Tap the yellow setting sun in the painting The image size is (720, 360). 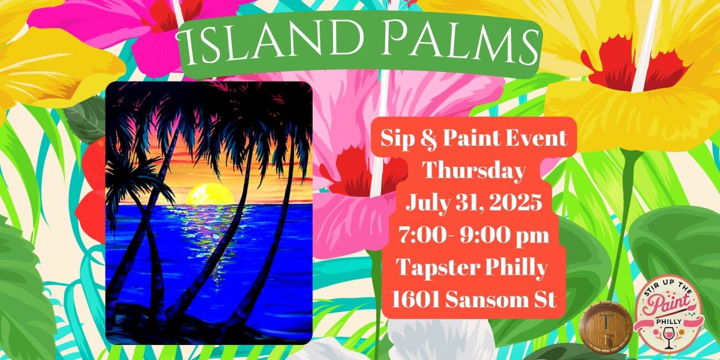click(210, 193)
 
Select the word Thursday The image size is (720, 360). click(474, 171)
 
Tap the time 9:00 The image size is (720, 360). click(481, 235)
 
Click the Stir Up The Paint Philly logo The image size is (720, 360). click(669, 317)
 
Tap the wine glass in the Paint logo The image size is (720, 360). click(668, 337)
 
